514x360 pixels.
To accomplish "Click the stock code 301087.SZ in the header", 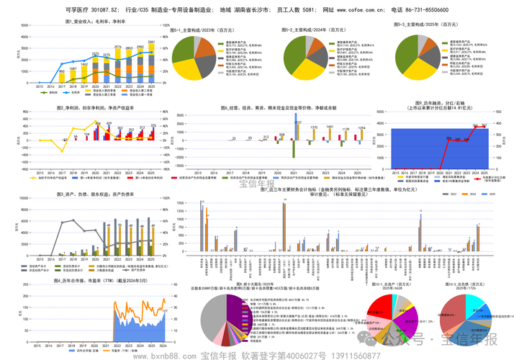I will click(x=93, y=10).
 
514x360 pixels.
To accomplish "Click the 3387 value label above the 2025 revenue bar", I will click(x=152, y=42).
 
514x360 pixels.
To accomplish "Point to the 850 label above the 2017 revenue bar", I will click(x=62, y=71).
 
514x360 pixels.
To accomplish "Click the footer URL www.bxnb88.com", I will click(x=165, y=355).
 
